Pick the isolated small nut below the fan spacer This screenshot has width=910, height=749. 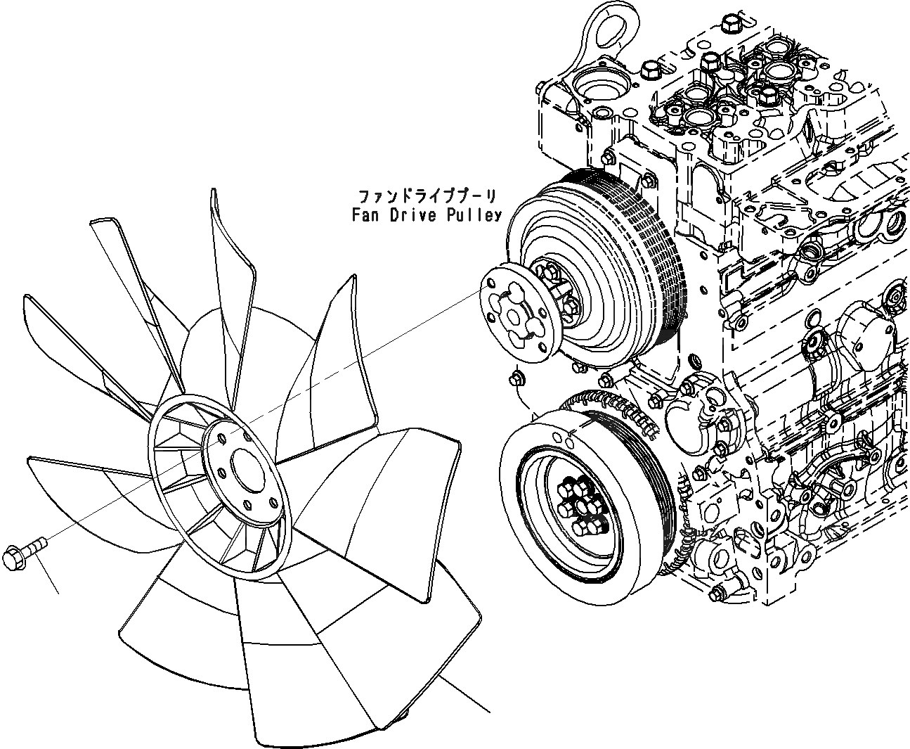[x=517, y=378]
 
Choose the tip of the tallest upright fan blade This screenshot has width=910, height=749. [x=215, y=197]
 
